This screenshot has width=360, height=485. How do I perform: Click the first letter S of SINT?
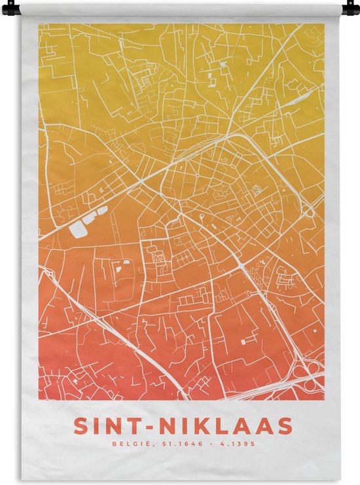81,427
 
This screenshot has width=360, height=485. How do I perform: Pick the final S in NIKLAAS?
285,427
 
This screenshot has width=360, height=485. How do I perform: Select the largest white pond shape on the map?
77,230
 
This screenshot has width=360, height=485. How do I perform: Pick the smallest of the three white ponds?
103,211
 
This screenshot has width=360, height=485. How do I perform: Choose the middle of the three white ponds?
92,219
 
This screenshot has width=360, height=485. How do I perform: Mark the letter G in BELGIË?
129,444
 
